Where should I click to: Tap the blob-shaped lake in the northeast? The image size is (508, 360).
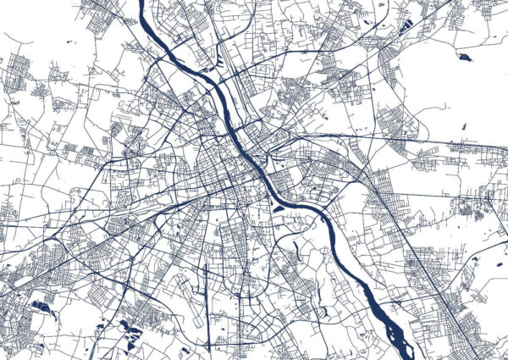463,58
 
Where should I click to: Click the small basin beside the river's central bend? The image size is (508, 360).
278,203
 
